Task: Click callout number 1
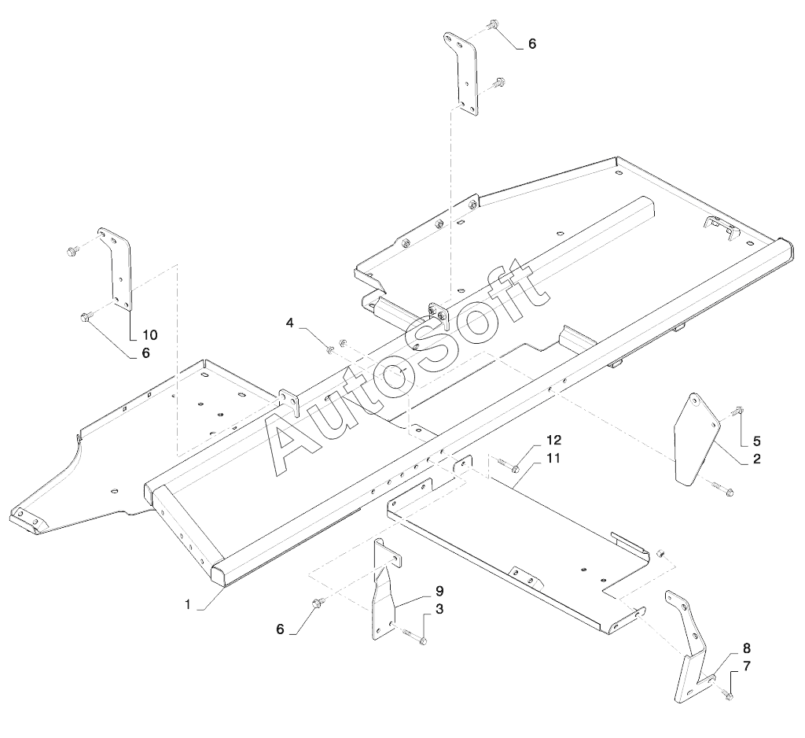tap(187, 603)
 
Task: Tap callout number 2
tap(756, 458)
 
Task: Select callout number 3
tap(439, 608)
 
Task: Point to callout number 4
tap(290, 323)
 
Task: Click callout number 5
tap(756, 441)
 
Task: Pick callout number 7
tap(746, 666)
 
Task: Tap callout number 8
tap(746, 648)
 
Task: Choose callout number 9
tap(439, 591)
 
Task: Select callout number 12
tap(553, 439)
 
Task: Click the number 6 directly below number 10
tap(145, 353)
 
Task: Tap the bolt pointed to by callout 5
tap(737, 410)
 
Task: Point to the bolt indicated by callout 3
tap(417, 638)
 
